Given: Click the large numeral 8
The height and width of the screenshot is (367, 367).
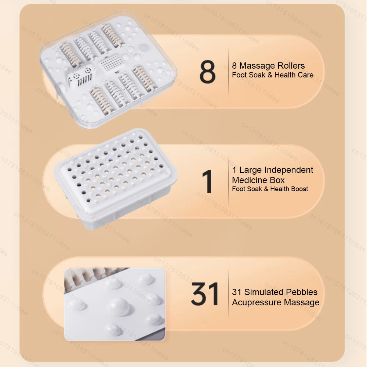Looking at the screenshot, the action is coord(207,72).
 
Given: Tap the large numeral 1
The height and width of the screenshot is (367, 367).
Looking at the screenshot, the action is coord(207,181).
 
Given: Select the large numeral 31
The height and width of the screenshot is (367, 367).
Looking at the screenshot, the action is coord(205,294).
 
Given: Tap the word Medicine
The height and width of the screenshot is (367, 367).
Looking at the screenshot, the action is coord(250,180).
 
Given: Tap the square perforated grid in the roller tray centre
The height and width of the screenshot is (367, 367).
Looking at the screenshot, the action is coord(111,63).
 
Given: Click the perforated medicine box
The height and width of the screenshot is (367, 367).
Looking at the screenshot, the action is coord(115,178).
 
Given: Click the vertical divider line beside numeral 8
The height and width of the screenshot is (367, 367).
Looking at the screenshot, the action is coord(228,72).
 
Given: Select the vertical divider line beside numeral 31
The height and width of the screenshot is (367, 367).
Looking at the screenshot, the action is coord(228,293).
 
